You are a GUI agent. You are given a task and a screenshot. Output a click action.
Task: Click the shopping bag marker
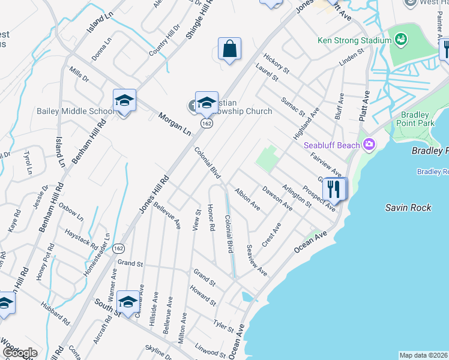229,49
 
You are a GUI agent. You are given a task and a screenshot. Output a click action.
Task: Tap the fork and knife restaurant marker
334,190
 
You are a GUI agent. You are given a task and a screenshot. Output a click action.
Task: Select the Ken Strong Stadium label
354,41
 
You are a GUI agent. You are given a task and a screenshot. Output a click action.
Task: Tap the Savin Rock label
408,208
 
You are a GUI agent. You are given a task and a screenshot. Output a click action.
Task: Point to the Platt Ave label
364,107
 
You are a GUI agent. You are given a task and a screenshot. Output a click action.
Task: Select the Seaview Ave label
257,260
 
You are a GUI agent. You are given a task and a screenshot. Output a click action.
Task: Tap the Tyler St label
223,325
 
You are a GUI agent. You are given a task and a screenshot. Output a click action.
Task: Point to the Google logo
20,353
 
